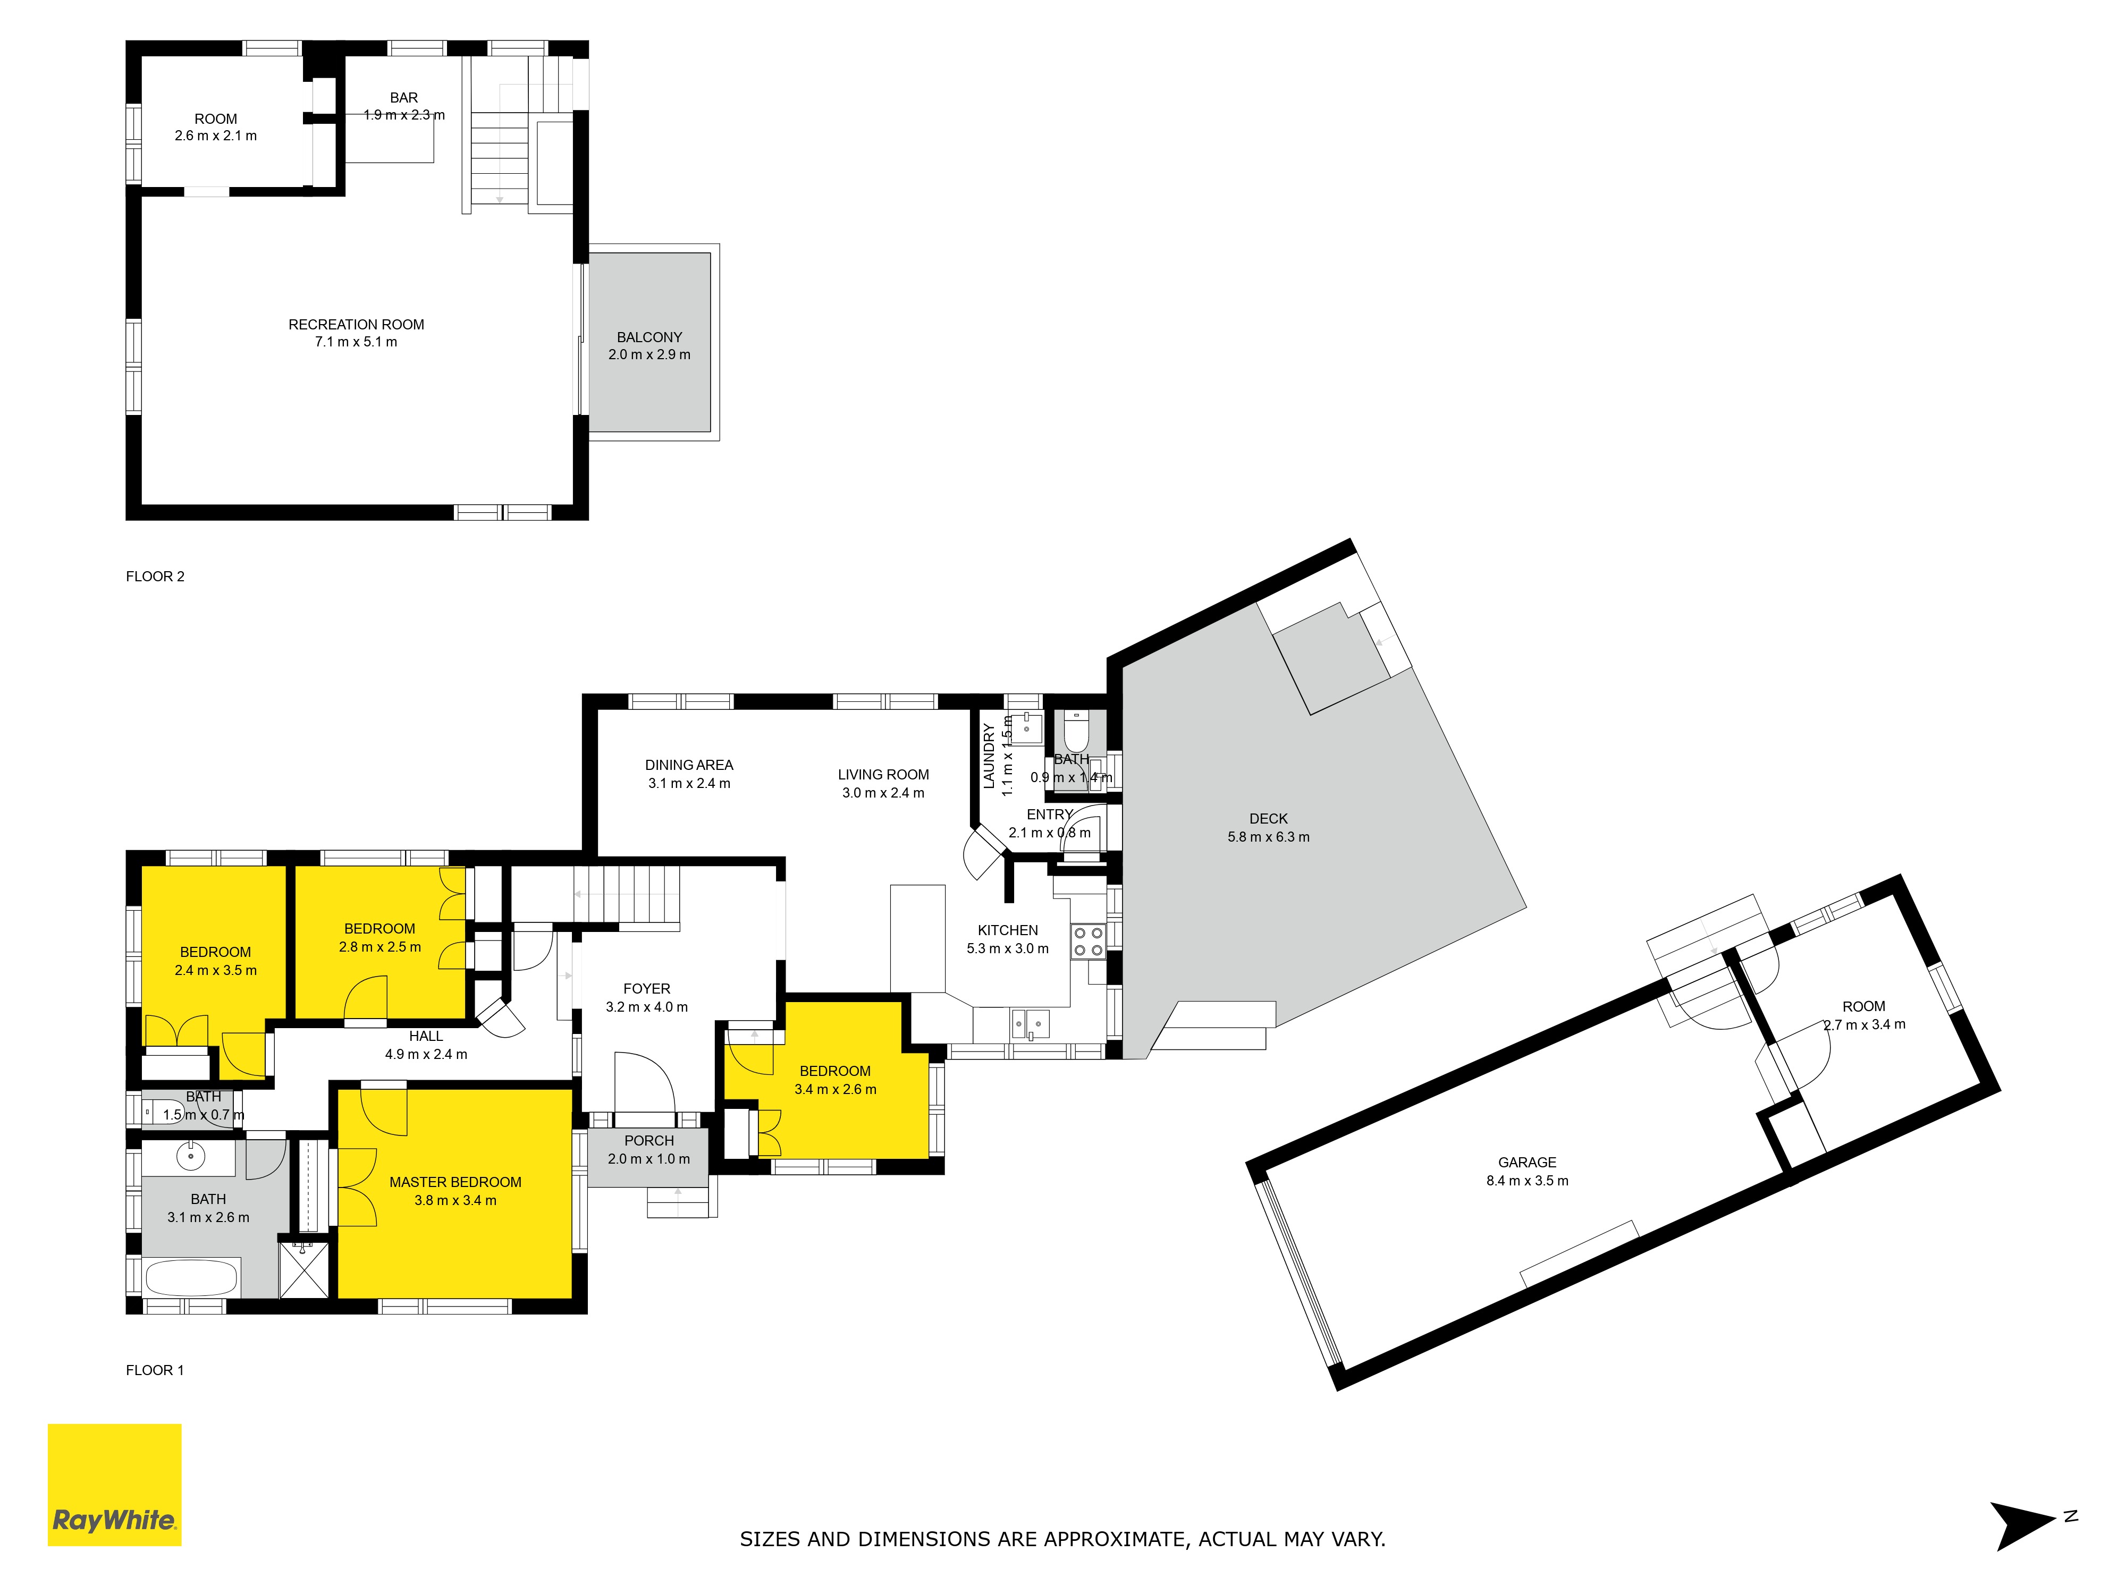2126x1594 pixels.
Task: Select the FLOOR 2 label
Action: click(155, 576)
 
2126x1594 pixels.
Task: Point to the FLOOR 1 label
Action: click(155, 1370)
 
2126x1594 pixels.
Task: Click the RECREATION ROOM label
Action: click(357, 325)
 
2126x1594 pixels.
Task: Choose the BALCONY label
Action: click(649, 337)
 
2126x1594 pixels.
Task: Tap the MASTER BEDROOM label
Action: click(455, 1182)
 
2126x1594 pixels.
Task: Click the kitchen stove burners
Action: click(1088, 942)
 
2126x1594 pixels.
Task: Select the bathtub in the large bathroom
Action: click(191, 1278)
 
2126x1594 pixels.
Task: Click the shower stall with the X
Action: click(303, 1270)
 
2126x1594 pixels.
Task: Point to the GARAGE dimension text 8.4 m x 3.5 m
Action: click(1527, 1181)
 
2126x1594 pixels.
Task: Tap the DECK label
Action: click(1269, 819)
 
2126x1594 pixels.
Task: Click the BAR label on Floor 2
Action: click(403, 98)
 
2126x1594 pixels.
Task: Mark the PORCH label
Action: click(649, 1140)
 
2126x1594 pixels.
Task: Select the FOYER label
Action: click(647, 989)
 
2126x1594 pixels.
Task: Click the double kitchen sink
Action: click(1031, 1024)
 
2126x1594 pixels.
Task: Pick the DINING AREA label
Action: click(689, 765)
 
